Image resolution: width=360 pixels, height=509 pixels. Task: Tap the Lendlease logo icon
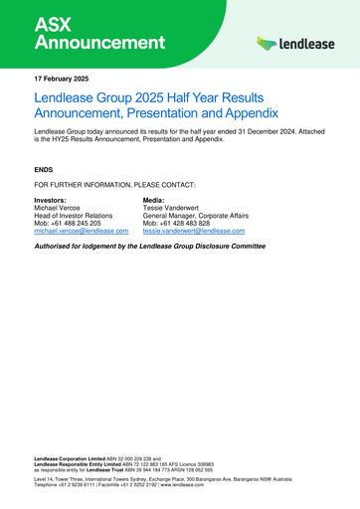pos(267,44)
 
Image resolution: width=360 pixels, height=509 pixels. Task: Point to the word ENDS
pos(46,170)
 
